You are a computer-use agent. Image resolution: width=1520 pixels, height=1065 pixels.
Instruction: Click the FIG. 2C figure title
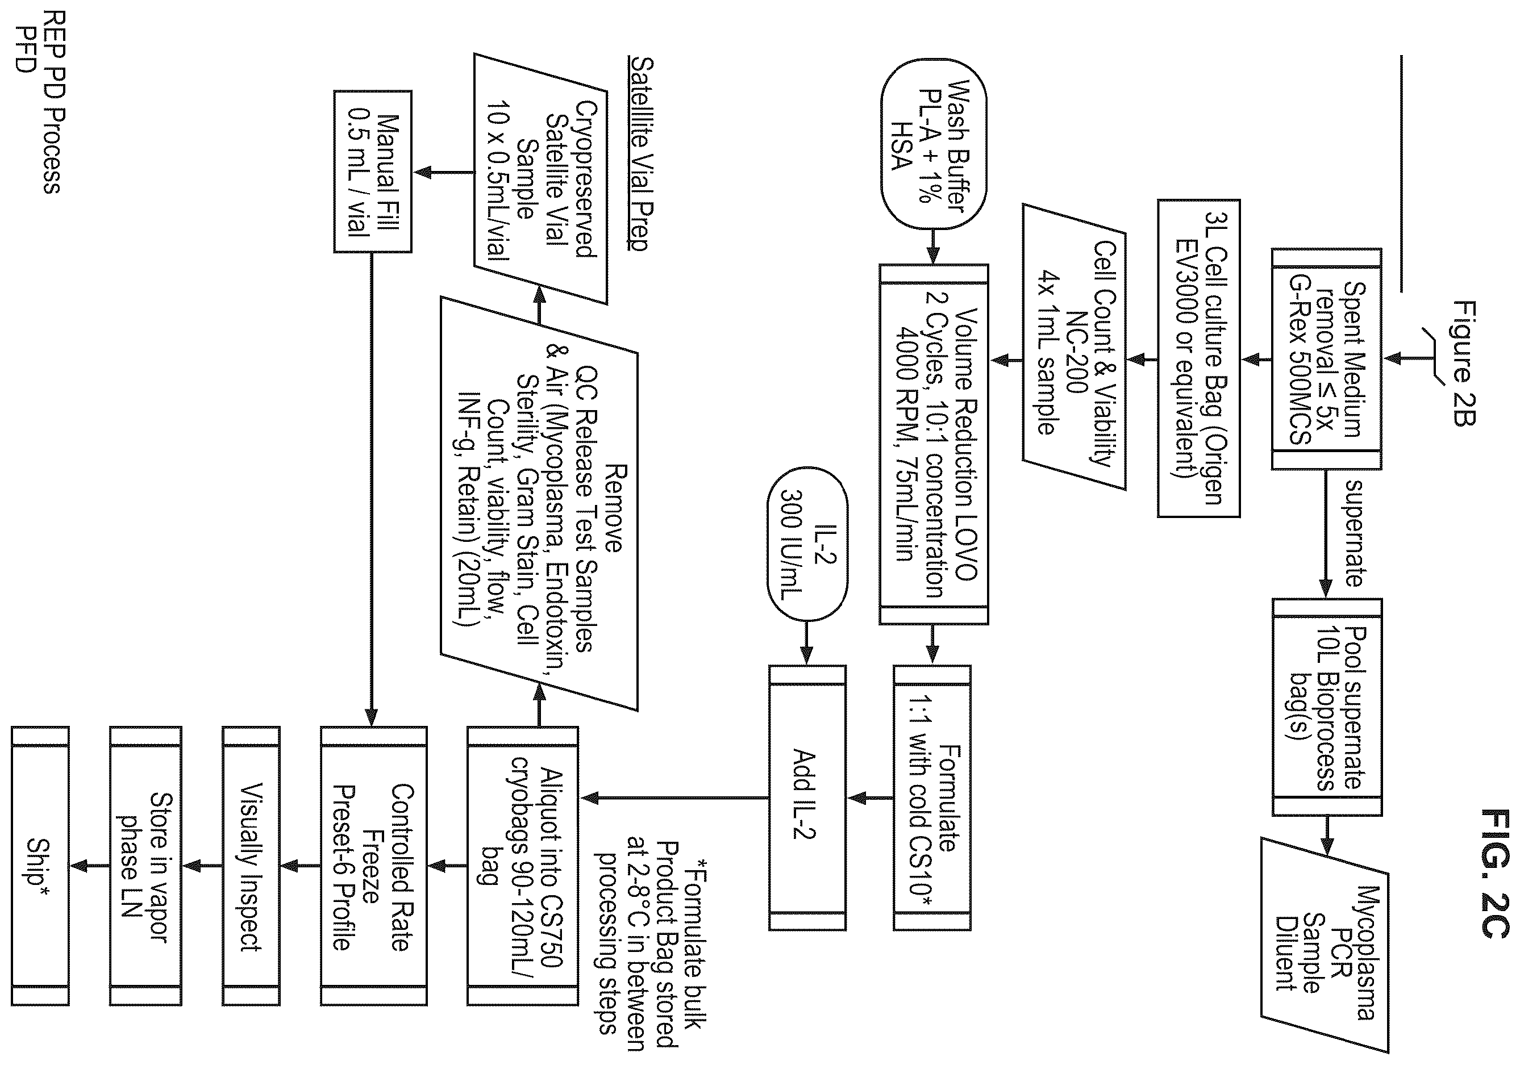[x=1494, y=872]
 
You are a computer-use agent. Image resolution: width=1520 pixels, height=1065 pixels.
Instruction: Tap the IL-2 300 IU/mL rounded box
[x=807, y=544]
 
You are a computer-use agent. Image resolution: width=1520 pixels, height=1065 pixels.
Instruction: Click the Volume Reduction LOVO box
[x=934, y=444]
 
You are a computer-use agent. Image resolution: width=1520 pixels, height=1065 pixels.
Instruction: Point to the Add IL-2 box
[x=807, y=797]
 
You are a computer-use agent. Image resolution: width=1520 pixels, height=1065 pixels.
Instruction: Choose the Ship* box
[x=40, y=866]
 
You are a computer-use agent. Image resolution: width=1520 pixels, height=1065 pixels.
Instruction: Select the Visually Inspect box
[x=251, y=866]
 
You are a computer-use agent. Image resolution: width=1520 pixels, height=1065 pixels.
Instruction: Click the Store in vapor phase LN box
[x=145, y=866]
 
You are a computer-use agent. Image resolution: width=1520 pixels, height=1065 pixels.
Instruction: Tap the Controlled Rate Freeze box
[x=373, y=866]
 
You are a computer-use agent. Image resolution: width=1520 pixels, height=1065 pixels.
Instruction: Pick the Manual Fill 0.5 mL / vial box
[x=372, y=172]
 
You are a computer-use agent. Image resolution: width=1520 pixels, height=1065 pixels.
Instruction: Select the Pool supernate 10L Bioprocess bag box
[x=1327, y=707]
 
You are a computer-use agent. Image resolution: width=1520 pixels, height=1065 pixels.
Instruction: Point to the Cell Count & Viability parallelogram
[x=1074, y=347]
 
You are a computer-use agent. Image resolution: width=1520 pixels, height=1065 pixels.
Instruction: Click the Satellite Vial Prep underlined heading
[x=639, y=153]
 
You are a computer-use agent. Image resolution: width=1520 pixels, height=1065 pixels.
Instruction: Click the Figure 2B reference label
[x=1464, y=364]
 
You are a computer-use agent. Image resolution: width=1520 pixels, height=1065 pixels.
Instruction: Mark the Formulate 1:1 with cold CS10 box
[x=932, y=797]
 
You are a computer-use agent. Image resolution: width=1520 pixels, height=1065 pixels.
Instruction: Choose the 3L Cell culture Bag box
[x=1198, y=358]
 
